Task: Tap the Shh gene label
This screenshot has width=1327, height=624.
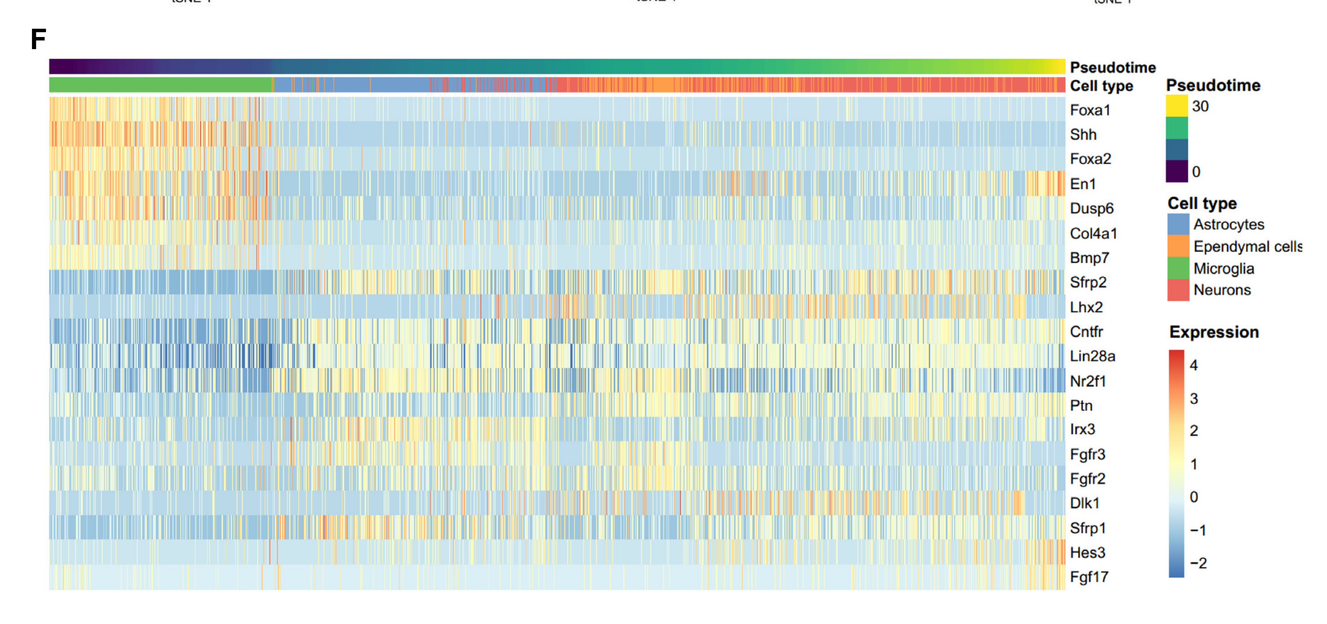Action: coord(1083,135)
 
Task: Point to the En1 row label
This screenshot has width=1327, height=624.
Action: coord(1082,184)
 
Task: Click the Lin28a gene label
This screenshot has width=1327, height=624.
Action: coord(1092,356)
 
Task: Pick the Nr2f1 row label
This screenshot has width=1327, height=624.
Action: coord(1088,381)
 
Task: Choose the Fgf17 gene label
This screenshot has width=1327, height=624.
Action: coord(1089,577)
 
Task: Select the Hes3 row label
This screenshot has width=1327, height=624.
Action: coord(1087,552)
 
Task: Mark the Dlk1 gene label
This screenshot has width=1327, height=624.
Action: coord(1084,503)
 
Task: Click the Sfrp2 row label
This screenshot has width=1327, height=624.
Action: coord(1088,282)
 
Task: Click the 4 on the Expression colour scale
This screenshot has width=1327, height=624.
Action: coord(1194,365)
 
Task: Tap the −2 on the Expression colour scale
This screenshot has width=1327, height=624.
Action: coord(1198,563)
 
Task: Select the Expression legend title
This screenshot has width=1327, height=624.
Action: coord(1214,332)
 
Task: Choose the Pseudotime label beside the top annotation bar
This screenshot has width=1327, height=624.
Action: coord(1113,68)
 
